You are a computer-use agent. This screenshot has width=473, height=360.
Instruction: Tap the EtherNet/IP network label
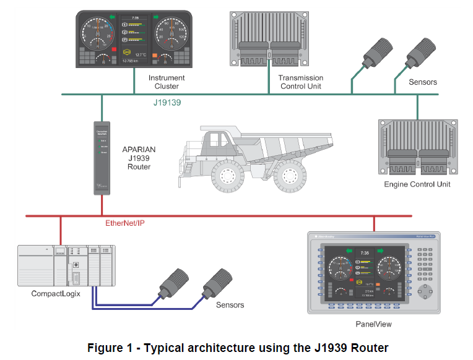(129, 223)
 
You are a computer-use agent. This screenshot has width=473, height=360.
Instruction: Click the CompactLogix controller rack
(67, 265)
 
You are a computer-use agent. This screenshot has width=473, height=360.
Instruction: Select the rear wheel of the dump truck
(290, 176)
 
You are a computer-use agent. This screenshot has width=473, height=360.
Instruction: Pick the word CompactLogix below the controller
(56, 294)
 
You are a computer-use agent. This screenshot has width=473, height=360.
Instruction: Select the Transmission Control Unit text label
(301, 82)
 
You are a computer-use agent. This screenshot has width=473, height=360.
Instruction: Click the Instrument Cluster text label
(167, 82)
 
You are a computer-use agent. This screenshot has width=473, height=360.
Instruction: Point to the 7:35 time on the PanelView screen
(365, 253)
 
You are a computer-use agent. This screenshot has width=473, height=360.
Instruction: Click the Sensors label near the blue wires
(230, 305)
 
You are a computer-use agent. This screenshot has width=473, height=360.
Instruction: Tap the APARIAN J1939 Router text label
(139, 158)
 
